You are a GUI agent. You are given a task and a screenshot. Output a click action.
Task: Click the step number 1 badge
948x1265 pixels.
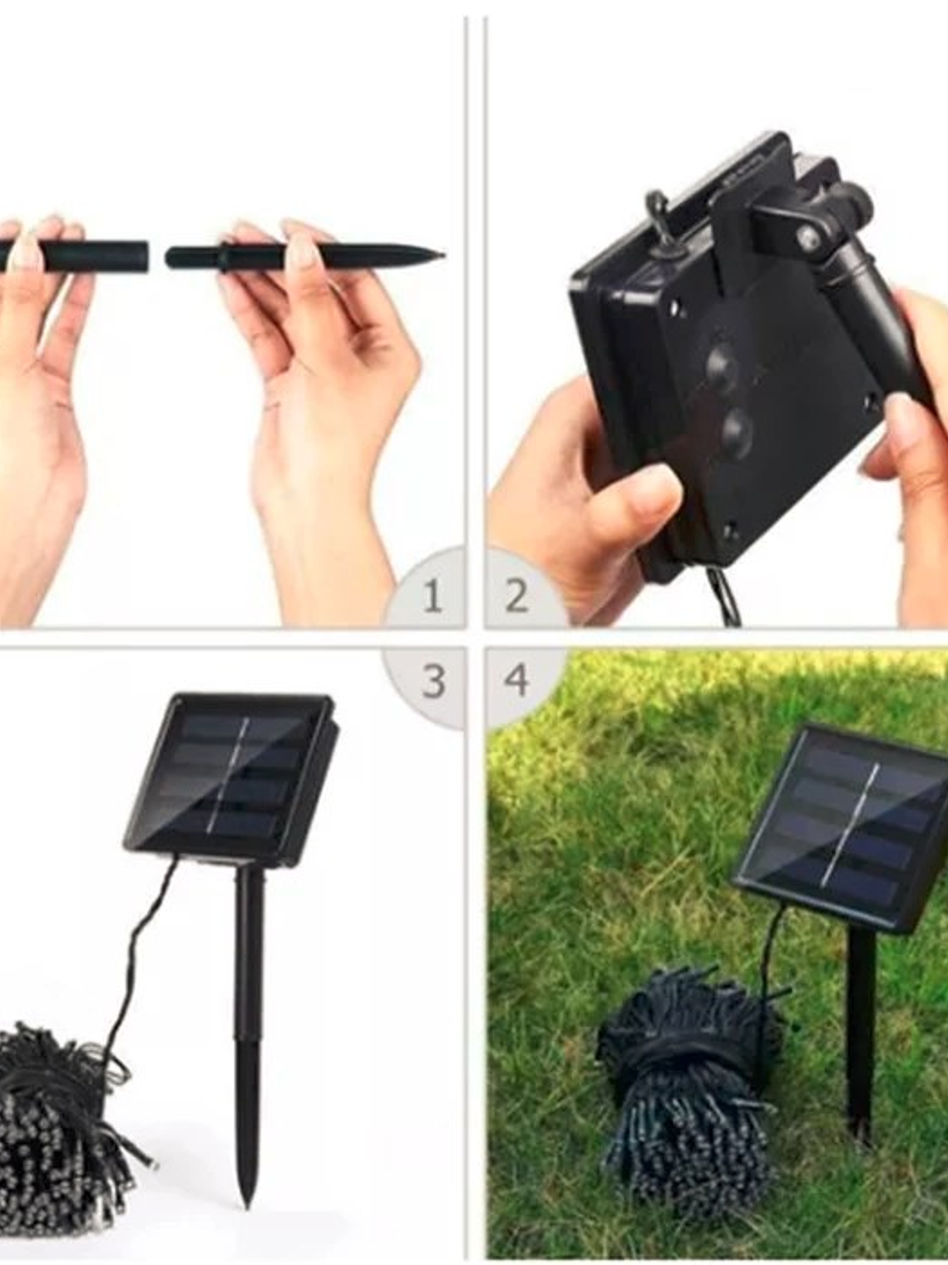point(432,597)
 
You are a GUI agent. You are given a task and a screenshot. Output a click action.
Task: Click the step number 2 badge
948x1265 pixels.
point(516,597)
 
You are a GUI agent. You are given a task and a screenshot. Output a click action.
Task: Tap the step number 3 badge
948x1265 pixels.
point(432,681)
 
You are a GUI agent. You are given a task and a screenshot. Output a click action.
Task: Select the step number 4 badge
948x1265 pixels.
point(516,681)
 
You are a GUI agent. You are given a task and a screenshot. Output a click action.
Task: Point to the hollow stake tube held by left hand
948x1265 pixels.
point(100,255)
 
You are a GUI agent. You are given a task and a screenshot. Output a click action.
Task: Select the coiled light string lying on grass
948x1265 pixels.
point(690,1082)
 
